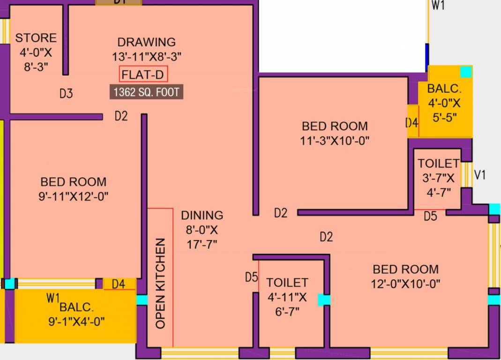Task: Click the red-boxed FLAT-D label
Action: point(143,75)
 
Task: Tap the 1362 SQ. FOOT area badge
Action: point(146,92)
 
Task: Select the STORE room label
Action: point(36,38)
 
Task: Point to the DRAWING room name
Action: point(146,42)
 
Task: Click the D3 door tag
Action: point(66,94)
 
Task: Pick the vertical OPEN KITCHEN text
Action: point(161,283)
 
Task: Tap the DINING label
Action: point(202,215)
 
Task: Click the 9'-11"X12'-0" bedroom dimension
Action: point(73,196)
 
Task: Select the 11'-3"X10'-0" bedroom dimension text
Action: point(335,140)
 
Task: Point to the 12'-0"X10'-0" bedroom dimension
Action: point(406,283)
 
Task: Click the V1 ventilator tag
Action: point(480,175)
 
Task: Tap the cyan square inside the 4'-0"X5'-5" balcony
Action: point(465,72)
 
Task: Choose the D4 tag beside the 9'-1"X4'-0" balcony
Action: point(118,284)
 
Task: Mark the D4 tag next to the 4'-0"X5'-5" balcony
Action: point(411,123)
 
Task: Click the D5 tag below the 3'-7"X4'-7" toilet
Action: point(430,216)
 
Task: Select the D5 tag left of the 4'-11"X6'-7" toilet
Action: point(252,277)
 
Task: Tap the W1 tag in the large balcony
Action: point(52,297)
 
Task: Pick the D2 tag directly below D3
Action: point(121,116)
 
